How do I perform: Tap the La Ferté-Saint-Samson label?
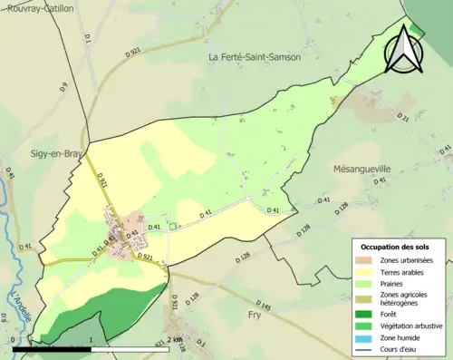coord(255,57)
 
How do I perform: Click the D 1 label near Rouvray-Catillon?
coord(88,39)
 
